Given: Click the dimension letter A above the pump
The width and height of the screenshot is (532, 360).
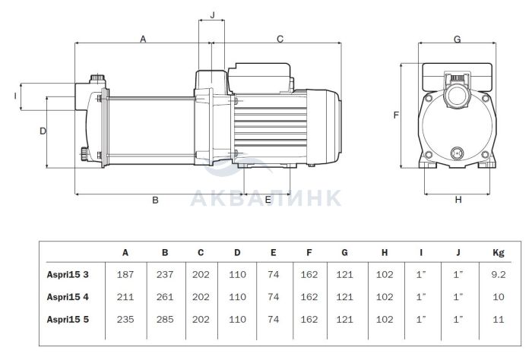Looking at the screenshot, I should coord(143,38).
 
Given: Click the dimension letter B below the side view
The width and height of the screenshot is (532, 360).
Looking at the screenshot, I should coord(155,201).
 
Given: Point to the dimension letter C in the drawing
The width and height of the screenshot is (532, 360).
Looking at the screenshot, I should coord(280,38).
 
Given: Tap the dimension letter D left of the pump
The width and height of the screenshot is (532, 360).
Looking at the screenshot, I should coord(43,131).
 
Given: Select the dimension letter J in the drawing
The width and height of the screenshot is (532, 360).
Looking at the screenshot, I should coord(212,14).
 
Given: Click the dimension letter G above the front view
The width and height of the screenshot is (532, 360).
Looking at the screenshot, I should coord(458,39).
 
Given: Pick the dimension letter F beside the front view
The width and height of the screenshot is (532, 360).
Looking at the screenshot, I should coord(397,115).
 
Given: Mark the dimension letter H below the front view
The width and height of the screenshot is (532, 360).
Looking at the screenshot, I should coord(458,201).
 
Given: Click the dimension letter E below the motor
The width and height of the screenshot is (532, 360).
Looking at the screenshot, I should coord(268,201).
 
